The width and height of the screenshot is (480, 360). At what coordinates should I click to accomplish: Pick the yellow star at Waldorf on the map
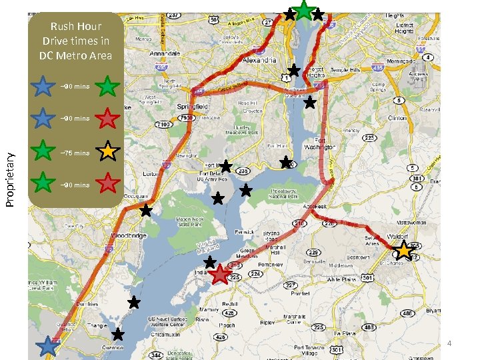click(x=404, y=251)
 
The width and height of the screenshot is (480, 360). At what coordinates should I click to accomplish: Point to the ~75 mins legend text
click(x=75, y=153)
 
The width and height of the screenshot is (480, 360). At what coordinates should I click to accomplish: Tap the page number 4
click(x=449, y=343)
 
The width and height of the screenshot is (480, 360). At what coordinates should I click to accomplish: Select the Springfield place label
click(x=193, y=106)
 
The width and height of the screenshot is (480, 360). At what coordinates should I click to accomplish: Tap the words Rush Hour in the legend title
click(x=75, y=26)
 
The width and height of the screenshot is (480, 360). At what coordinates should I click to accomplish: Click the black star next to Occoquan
click(x=146, y=211)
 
